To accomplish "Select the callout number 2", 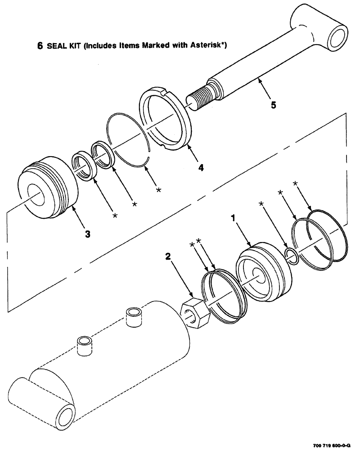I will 168,257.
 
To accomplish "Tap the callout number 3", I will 88,234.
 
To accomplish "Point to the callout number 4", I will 201,167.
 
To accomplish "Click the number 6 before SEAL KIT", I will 39,46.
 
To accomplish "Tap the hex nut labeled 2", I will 195,314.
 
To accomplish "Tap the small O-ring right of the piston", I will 292,256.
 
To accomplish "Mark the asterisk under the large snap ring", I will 158,190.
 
